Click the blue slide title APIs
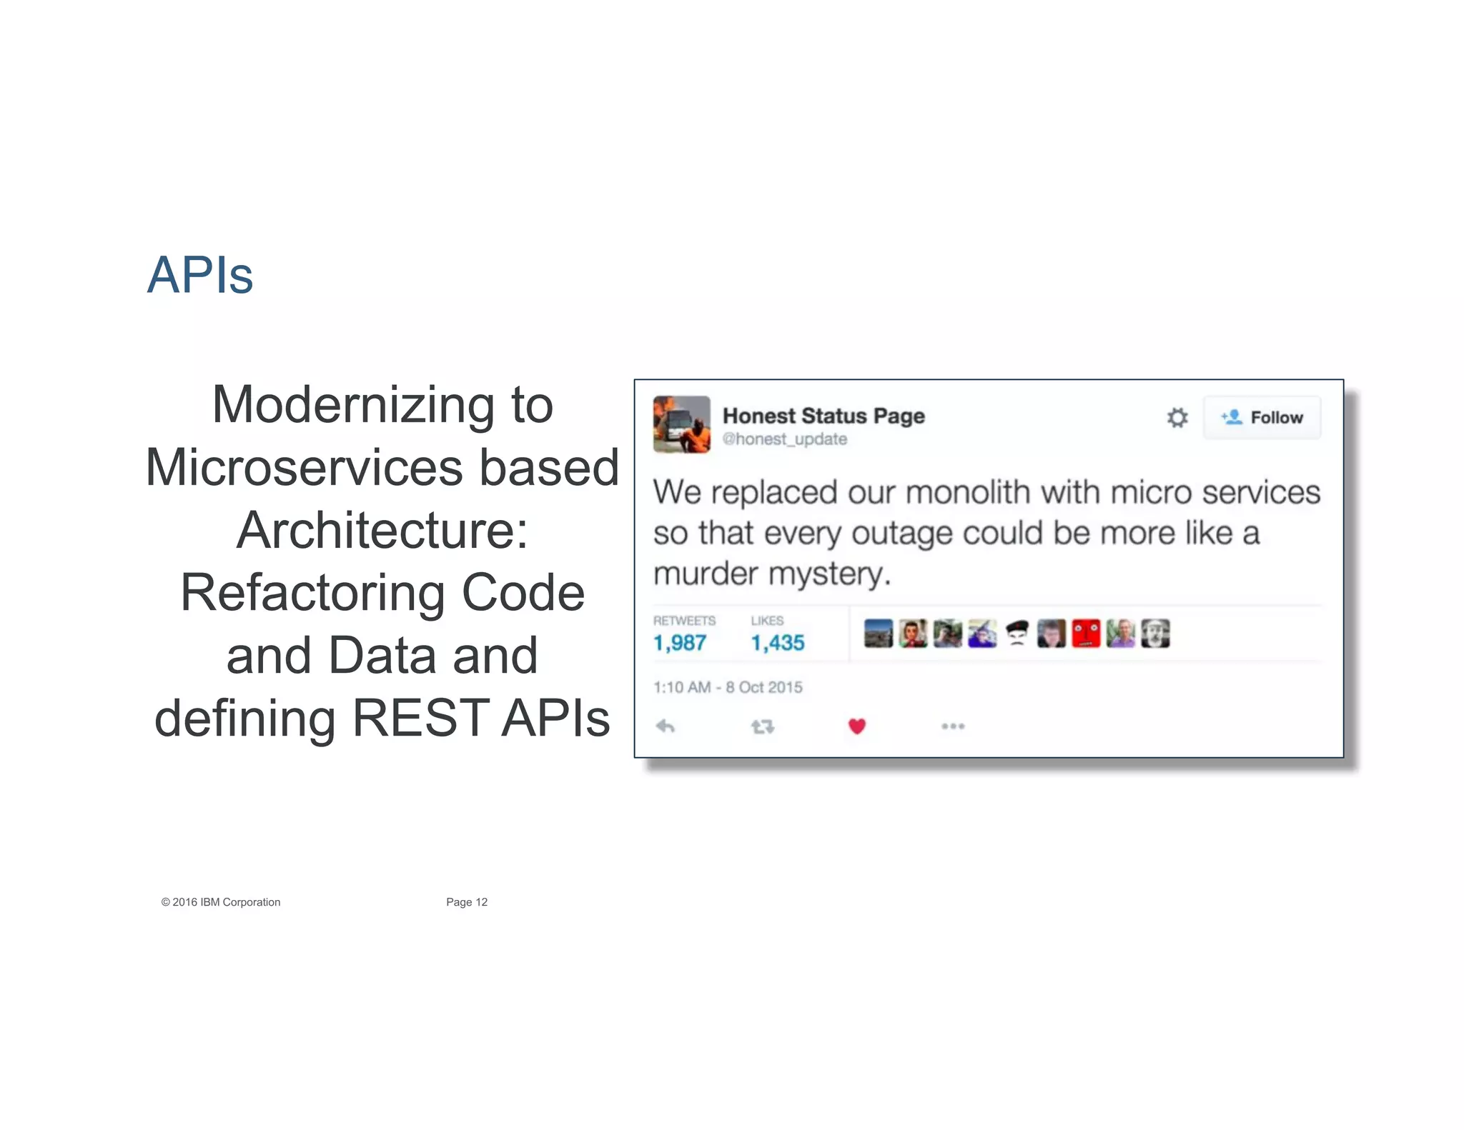click(200, 275)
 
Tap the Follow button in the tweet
click(1262, 418)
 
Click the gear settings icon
click(1177, 418)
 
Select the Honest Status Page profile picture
click(681, 424)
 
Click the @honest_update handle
click(785, 439)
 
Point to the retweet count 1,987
click(680, 643)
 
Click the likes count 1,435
click(778, 643)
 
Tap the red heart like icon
click(857, 726)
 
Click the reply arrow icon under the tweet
click(666, 726)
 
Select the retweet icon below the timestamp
click(762, 726)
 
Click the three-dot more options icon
click(953, 726)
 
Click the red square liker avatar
click(1086, 634)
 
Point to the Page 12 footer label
click(467, 902)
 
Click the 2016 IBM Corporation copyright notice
click(221, 902)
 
